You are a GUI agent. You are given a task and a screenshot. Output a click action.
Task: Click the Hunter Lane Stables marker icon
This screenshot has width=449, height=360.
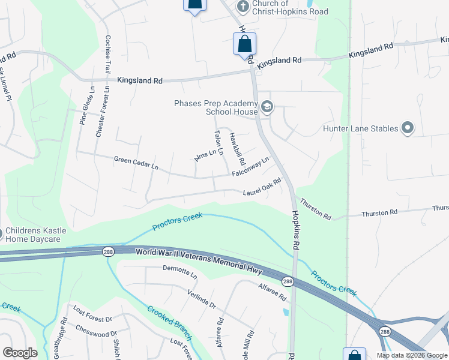click(x=408, y=128)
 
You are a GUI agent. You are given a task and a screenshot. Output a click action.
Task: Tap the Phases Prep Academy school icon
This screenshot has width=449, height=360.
click(x=267, y=108)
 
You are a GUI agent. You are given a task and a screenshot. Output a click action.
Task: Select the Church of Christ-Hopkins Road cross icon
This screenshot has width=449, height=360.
click(x=243, y=7)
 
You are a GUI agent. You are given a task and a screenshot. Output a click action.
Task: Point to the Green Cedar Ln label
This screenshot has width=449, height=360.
click(x=136, y=162)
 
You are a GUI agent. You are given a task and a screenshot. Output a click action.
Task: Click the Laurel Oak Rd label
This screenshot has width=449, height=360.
click(x=262, y=188)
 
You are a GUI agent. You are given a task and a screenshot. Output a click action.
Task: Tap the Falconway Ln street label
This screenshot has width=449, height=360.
click(x=250, y=168)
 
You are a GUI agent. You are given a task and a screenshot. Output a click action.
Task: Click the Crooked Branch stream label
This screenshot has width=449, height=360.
click(x=170, y=324)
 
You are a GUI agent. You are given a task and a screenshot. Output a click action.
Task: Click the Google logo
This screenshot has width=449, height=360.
click(x=20, y=353)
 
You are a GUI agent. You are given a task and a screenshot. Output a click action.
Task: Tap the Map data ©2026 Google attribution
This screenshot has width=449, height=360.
click(x=412, y=355)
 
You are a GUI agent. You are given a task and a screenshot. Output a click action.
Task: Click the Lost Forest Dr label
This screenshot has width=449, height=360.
click(x=92, y=314)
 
